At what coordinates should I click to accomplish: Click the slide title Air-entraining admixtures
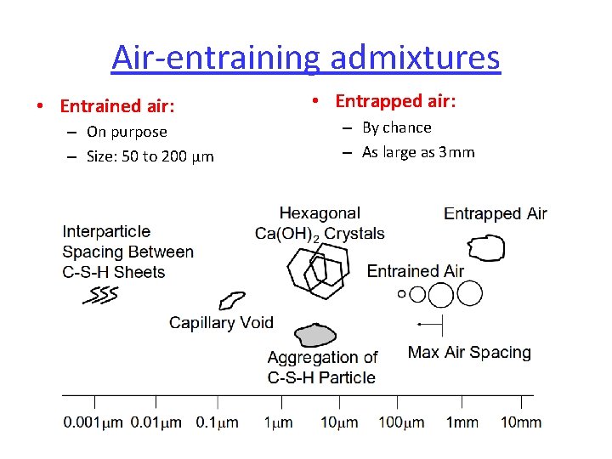click(305, 58)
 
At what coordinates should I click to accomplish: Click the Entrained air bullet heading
click(117, 106)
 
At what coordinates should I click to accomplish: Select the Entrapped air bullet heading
click(395, 101)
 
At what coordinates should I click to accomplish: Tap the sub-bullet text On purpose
click(127, 132)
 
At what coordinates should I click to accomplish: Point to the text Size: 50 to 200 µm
click(150, 156)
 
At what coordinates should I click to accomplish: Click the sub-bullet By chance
click(396, 127)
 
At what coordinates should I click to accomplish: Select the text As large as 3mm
click(418, 152)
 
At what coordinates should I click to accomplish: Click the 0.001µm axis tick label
click(93, 422)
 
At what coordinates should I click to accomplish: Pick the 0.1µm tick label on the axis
click(217, 422)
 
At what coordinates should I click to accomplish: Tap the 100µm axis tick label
click(402, 422)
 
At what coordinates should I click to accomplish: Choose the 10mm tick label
click(520, 422)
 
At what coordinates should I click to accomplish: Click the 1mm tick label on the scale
click(462, 422)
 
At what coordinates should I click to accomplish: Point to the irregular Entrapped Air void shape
click(487, 247)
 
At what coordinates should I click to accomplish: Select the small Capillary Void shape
click(230, 300)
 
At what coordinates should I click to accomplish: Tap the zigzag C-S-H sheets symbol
click(100, 295)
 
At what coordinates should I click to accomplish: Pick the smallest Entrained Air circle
click(402, 295)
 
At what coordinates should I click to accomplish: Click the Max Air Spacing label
click(469, 352)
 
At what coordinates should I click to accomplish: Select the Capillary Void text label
click(221, 322)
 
